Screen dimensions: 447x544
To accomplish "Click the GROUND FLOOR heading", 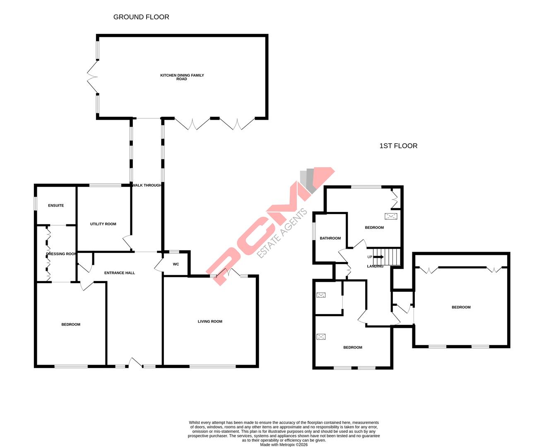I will pos(141,17).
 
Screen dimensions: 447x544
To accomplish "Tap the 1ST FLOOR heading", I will pos(398,146).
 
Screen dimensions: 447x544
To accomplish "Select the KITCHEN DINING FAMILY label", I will pos(182,75).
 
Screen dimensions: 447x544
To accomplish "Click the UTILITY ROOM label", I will pos(103,224).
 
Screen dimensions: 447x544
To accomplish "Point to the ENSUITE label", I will pos(56,205).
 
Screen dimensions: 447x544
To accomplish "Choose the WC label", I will pos(176,264).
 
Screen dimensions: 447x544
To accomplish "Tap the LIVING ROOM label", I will pos(210,321).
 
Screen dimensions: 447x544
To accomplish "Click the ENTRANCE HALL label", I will pos(120,273).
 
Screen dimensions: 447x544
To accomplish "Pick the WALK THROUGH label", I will pos(147,185).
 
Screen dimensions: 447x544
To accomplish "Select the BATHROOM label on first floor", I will pos(330,238).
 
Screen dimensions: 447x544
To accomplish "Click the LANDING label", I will pos(375,266).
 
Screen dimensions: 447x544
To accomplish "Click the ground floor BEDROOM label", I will pos(71,324).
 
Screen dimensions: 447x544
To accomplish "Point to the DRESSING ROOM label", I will pos(61,254).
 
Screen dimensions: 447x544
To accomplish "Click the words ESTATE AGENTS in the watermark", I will pos(282,234).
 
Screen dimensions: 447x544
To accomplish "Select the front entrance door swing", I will pos(135,363).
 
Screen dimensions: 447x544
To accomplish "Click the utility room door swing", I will pos(127,243).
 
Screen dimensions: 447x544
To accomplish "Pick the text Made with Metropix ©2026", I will pos(284,445).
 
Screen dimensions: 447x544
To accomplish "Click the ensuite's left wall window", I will pos(36,204).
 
